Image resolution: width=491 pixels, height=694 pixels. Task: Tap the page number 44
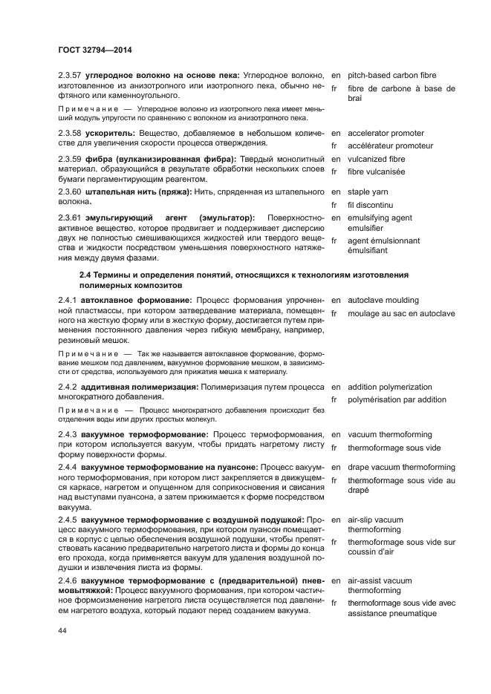point(63,631)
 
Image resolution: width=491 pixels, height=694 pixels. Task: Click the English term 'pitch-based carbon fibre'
point(391,76)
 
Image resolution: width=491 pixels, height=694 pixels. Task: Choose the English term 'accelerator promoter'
point(386,133)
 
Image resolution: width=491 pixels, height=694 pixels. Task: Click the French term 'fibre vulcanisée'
point(376,171)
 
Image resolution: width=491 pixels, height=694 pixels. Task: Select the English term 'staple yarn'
point(368,191)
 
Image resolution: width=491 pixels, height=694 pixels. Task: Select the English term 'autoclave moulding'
point(383,301)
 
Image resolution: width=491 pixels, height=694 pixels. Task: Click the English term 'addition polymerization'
point(389,387)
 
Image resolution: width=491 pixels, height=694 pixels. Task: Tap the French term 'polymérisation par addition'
point(397,400)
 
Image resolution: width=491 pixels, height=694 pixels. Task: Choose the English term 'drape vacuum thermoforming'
point(401,468)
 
